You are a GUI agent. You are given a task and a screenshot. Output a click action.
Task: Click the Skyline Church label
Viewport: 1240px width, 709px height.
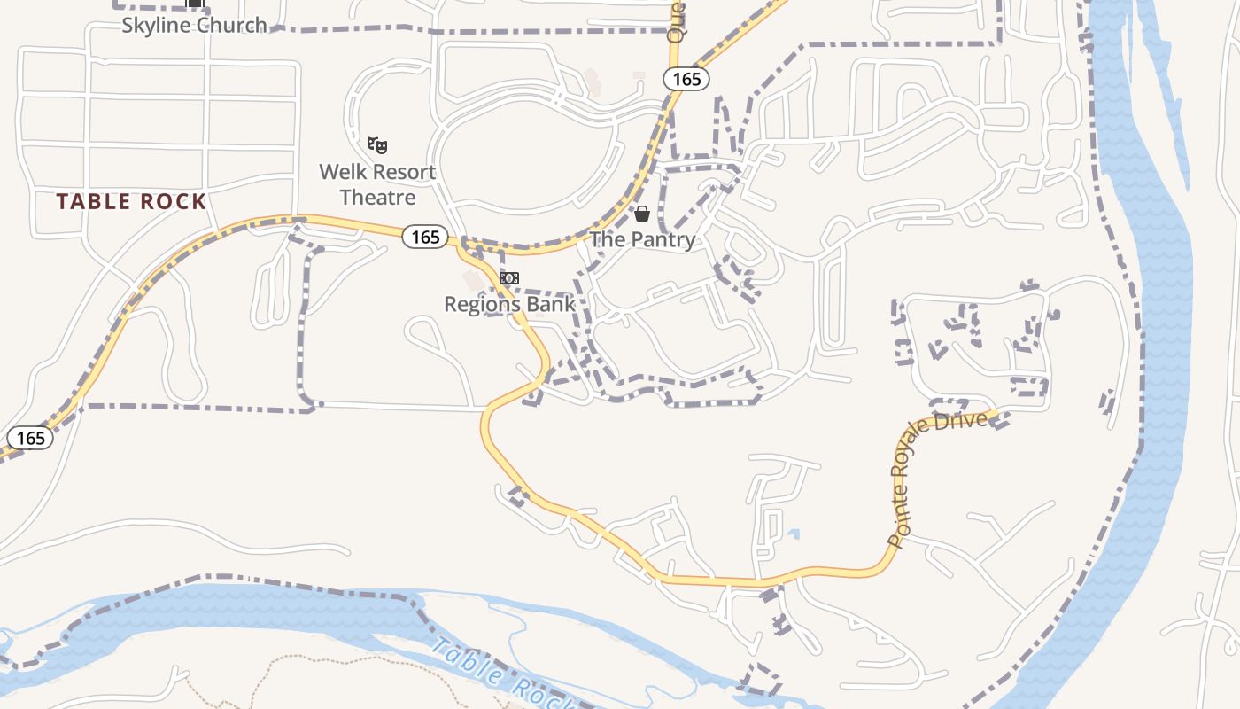tap(194, 25)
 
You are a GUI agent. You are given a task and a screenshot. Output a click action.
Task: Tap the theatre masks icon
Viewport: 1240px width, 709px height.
tap(378, 144)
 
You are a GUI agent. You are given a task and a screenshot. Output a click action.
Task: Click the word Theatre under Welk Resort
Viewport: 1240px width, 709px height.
tap(377, 197)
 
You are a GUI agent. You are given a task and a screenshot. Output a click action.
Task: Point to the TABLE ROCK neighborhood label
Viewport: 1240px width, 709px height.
tap(131, 202)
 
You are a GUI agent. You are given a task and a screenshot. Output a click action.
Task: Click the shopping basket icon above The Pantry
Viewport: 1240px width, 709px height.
tap(642, 214)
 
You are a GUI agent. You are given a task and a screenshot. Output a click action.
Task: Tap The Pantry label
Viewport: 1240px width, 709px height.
tap(642, 239)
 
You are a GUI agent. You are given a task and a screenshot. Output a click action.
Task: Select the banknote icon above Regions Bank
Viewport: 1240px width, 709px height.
tap(508, 278)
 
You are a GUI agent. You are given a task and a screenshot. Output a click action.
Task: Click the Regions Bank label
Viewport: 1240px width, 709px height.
tap(509, 304)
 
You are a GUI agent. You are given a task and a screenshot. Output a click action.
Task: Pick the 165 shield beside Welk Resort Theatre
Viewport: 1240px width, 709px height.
tap(425, 237)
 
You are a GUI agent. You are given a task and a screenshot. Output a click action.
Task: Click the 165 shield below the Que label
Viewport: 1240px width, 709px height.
tap(686, 79)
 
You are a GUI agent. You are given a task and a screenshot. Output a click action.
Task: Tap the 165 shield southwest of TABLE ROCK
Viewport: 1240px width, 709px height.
tap(30, 438)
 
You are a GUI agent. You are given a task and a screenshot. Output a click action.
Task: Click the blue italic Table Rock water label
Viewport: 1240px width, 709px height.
tap(496, 674)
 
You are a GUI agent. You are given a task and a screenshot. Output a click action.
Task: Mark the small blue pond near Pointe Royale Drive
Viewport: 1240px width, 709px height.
tap(794, 534)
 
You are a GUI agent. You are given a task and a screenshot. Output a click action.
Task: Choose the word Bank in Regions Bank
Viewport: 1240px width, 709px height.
tap(551, 304)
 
